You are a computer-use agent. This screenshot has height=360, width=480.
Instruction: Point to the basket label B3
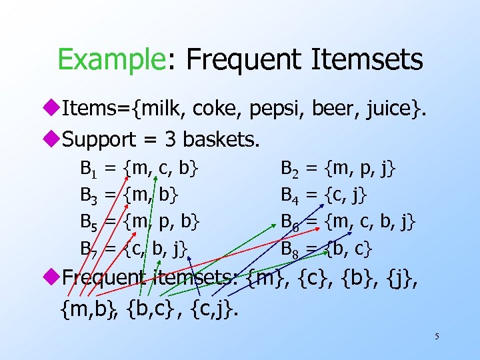pos(89,195)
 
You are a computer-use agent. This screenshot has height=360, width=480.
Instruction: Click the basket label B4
pos(290,195)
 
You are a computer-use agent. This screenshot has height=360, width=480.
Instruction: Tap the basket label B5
pos(89,222)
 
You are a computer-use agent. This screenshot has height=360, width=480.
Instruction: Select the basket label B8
pos(290,249)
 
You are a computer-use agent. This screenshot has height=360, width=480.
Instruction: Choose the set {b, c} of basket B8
pos(349,249)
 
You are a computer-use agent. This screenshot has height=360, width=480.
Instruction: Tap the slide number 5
pos(437,337)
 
